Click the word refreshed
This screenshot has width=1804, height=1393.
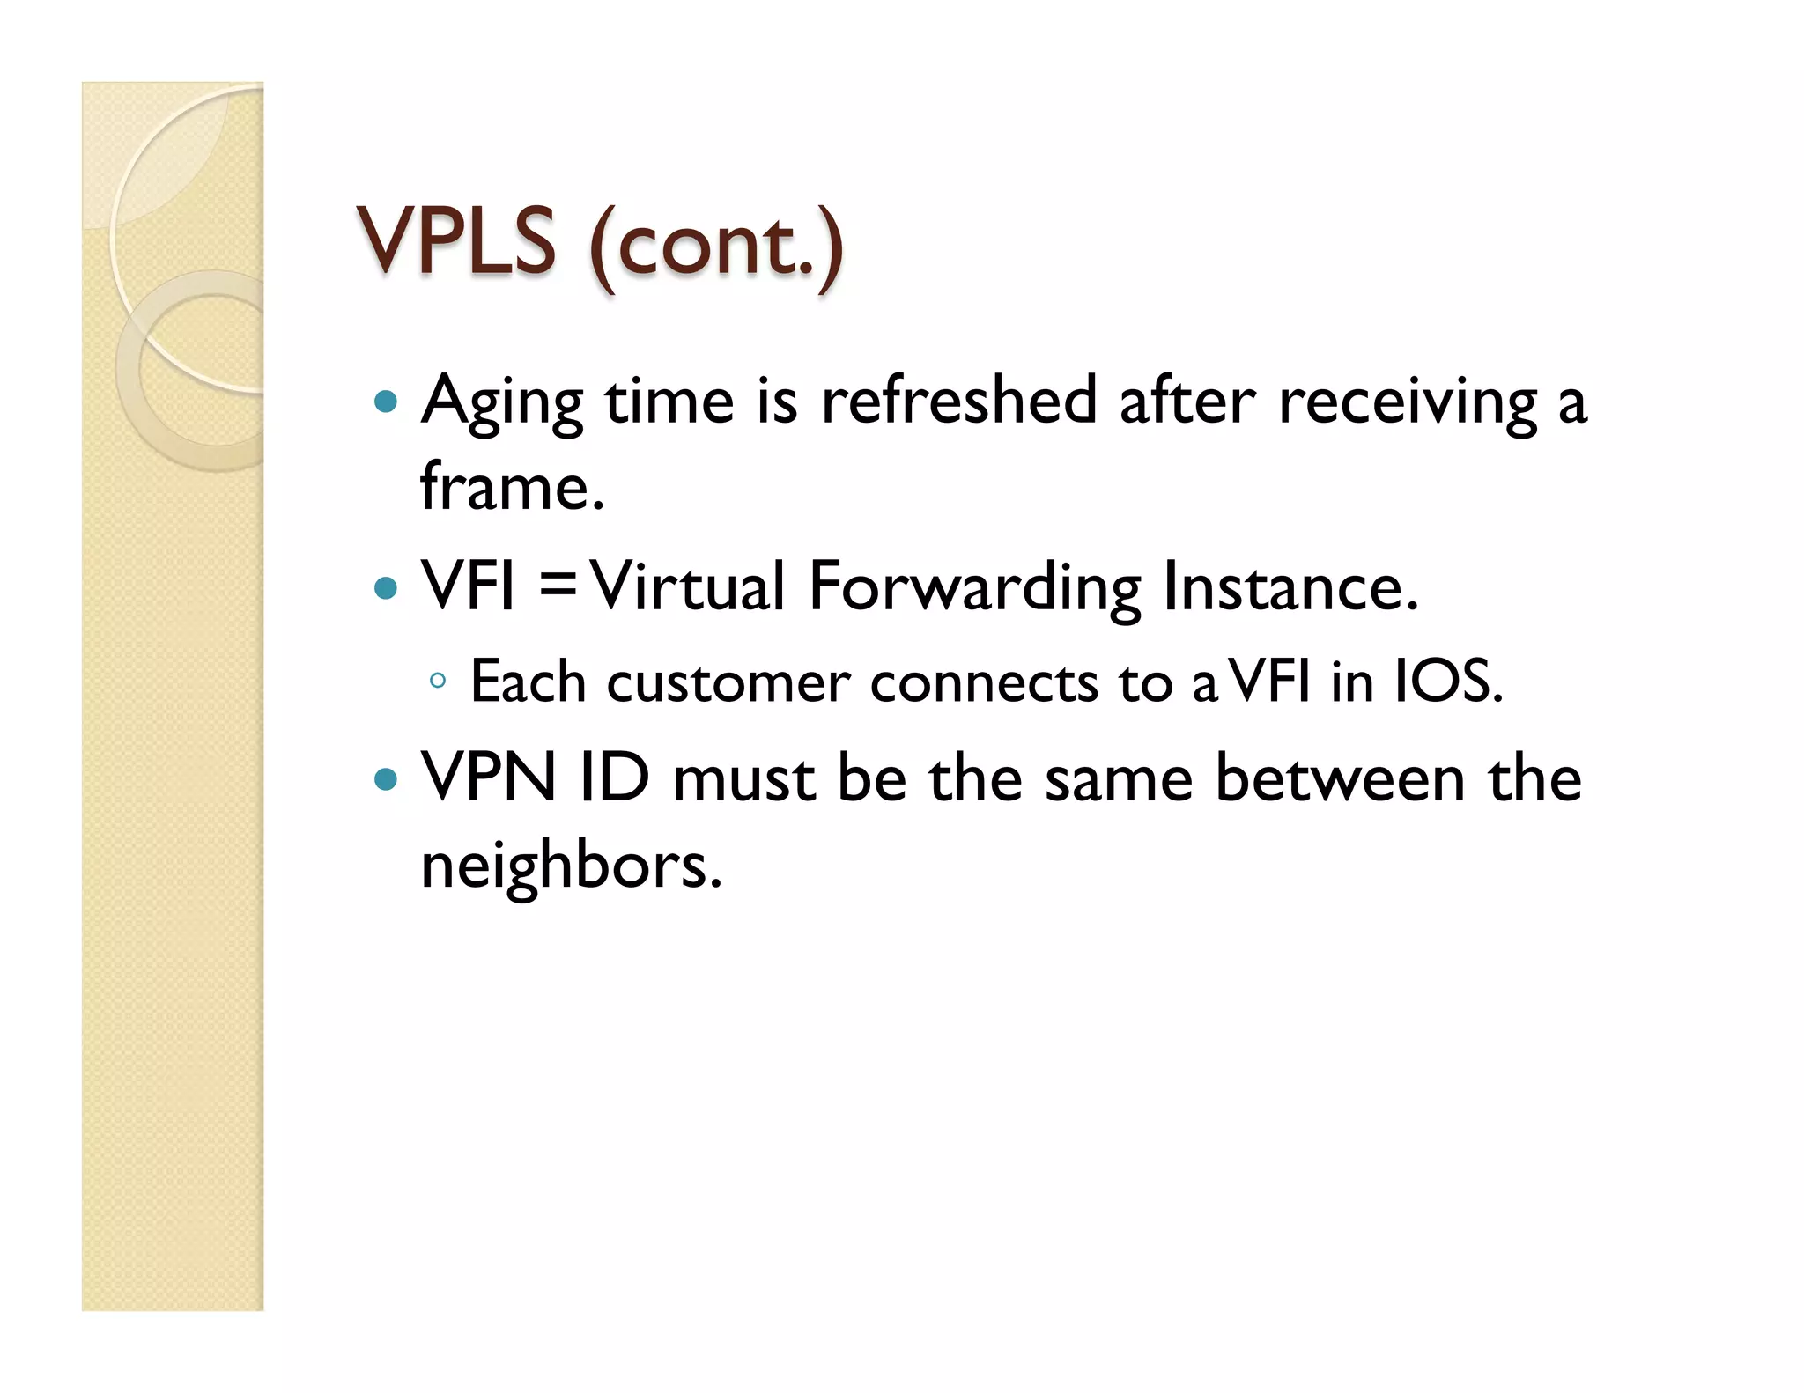pos(958,400)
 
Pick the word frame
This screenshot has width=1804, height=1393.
pos(511,486)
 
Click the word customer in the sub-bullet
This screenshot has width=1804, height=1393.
pos(728,682)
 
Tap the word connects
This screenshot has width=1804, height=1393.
pos(984,682)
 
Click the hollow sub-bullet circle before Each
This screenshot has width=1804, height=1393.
pos(438,681)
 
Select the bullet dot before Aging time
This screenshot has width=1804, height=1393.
pos(386,402)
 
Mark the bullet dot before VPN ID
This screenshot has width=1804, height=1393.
pos(386,779)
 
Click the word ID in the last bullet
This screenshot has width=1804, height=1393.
pos(614,778)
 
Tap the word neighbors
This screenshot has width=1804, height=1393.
pos(571,866)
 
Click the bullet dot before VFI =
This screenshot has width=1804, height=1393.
pos(386,587)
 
